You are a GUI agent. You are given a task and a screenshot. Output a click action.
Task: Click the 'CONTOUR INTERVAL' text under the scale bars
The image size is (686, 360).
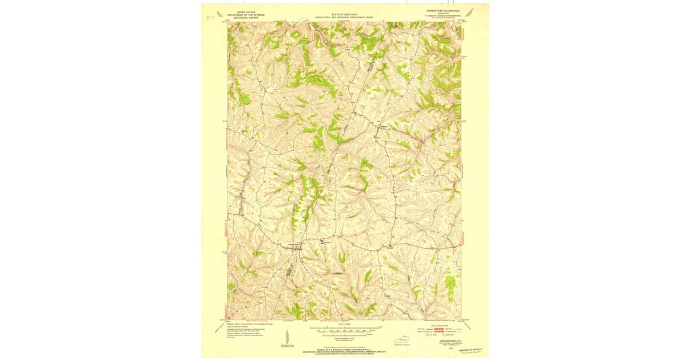[345, 338]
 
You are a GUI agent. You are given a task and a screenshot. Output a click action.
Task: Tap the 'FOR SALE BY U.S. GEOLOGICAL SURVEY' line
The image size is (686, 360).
[345, 349]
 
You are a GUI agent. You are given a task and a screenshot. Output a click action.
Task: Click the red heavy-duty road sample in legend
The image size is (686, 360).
[440, 329]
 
